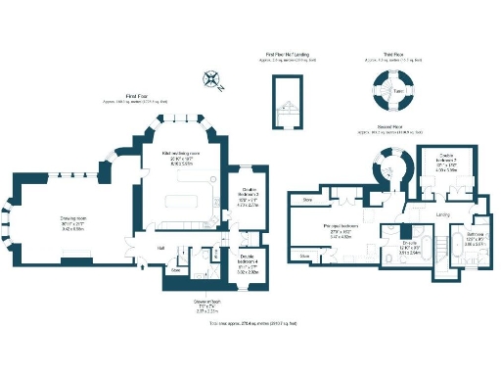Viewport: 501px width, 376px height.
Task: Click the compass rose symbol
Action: pyautogui.click(x=209, y=77)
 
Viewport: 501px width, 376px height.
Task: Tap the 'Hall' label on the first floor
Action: pyautogui.click(x=161, y=248)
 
